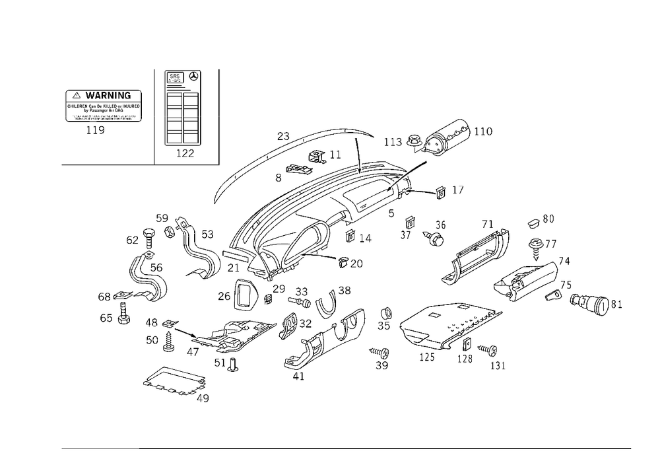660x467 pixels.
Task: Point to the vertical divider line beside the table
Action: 154,116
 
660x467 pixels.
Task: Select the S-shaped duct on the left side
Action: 147,277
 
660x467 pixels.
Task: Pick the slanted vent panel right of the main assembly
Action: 478,254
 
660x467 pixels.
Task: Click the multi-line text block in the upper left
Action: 106,106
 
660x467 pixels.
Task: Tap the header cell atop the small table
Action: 182,79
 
